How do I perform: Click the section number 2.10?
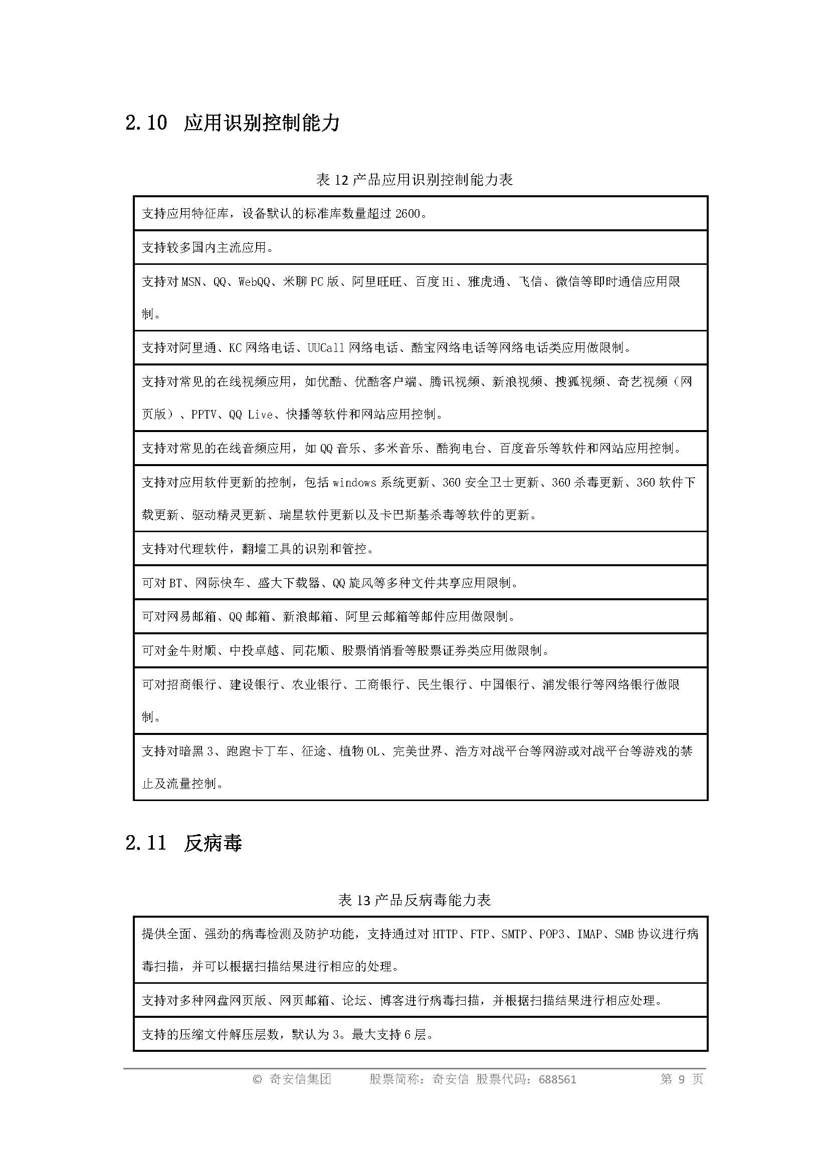pyautogui.click(x=146, y=123)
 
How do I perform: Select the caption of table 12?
pyautogui.click(x=414, y=180)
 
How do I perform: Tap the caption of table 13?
pyautogui.click(x=414, y=900)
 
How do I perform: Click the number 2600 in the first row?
pyautogui.click(x=407, y=214)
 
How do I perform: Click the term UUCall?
pyautogui.click(x=326, y=348)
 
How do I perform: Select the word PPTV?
pyautogui.click(x=203, y=415)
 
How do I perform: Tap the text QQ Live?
pyautogui.click(x=251, y=415)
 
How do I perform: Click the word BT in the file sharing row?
pyautogui.click(x=175, y=583)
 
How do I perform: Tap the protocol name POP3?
pyautogui.click(x=551, y=934)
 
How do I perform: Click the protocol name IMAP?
pyautogui.click(x=589, y=934)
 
